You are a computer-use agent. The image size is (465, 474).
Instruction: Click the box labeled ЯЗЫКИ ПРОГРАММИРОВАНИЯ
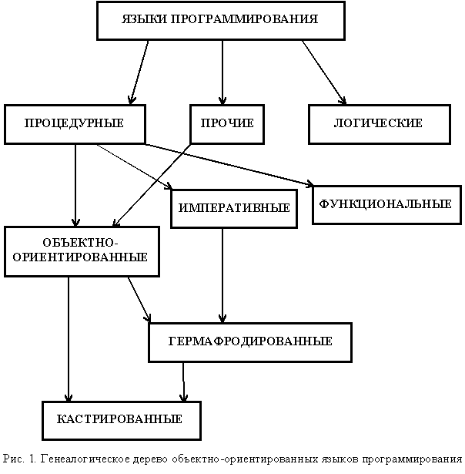pos(221,21)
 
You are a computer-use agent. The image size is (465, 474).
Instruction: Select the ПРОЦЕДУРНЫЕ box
pos(75,124)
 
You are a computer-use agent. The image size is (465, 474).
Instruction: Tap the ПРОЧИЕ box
pos(227,124)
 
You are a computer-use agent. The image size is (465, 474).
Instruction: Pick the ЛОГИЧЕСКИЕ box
pos(380,124)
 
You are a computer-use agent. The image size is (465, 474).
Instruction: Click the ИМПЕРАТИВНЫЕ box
pos(234,209)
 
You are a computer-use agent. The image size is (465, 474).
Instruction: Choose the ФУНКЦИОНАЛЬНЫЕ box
pos(386,205)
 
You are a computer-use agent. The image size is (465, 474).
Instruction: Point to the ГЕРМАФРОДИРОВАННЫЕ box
pos(250,342)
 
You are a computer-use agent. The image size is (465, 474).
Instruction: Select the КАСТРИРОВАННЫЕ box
pos(122,421)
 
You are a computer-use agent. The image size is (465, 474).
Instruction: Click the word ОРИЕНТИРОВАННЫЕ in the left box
pos(80,257)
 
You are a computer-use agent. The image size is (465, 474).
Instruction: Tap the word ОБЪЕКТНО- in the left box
pos(80,243)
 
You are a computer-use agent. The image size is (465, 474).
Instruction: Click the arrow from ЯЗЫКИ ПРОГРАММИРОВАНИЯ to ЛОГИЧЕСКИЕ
pos(324,72)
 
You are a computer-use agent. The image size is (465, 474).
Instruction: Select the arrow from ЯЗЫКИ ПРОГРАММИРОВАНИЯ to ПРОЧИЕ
pos(222,72)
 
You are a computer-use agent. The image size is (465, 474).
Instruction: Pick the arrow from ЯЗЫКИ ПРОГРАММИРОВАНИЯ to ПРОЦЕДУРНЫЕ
pos(139,72)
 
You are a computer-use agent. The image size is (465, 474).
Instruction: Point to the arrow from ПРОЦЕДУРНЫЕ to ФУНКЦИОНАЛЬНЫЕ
pos(229,164)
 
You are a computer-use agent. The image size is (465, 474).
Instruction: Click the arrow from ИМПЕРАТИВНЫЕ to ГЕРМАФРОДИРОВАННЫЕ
pos(222,276)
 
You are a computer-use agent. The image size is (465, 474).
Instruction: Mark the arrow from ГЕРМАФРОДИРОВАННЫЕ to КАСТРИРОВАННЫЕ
pos(183,382)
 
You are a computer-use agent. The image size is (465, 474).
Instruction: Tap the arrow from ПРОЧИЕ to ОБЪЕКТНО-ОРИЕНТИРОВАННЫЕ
pos(152,186)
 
